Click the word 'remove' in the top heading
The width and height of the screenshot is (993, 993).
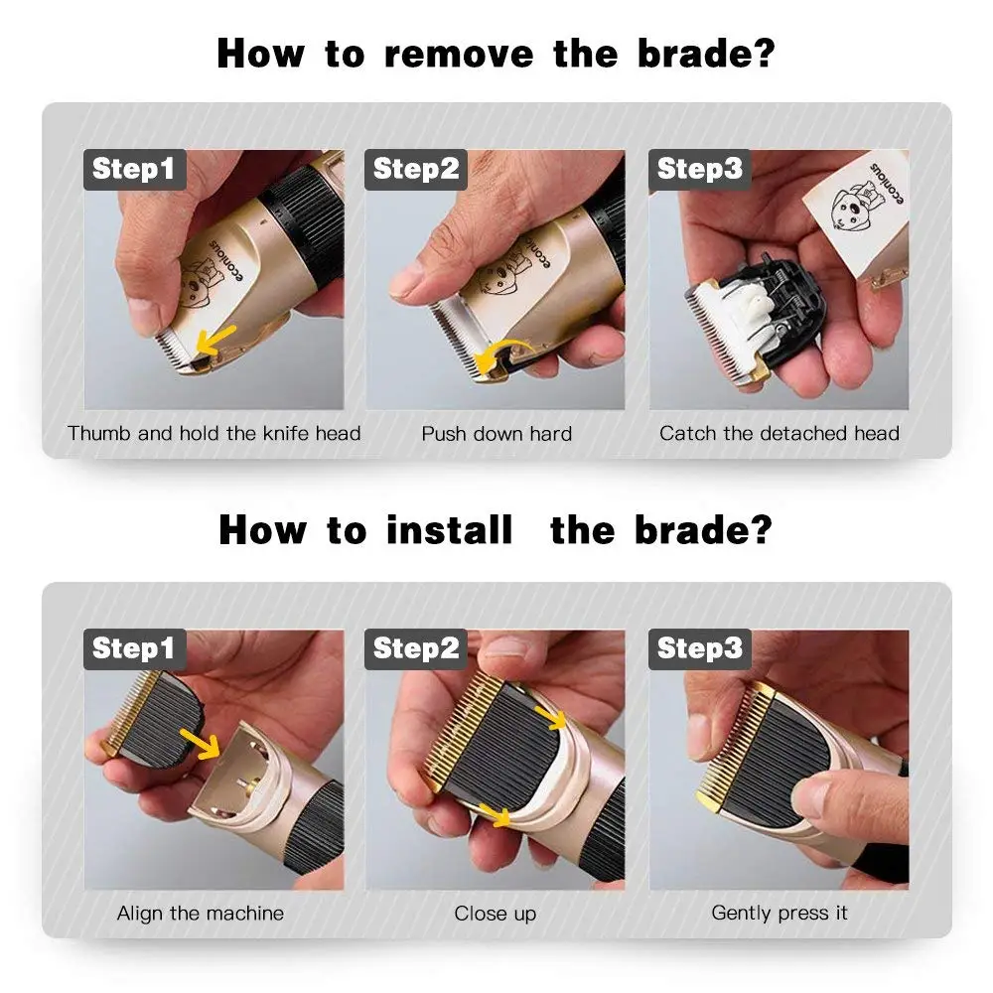459,54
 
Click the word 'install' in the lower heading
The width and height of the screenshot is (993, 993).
449,529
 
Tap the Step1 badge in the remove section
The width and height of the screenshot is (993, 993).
135,169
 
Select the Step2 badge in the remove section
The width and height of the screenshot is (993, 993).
416,169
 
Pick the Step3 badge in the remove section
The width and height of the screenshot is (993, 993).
700,169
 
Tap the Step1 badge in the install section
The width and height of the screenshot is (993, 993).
135,648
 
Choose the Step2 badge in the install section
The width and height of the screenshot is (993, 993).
416,648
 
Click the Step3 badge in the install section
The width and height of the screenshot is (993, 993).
700,648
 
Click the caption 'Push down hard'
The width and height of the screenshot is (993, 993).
496,434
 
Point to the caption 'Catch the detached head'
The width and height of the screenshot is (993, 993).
779,433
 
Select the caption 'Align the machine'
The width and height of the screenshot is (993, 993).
201,914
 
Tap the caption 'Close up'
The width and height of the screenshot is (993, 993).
496,914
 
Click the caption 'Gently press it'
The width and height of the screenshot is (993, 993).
779,914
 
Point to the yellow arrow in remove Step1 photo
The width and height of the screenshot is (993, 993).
214,340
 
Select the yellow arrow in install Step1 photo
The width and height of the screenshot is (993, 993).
201,744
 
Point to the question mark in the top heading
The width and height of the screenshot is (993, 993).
765,54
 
